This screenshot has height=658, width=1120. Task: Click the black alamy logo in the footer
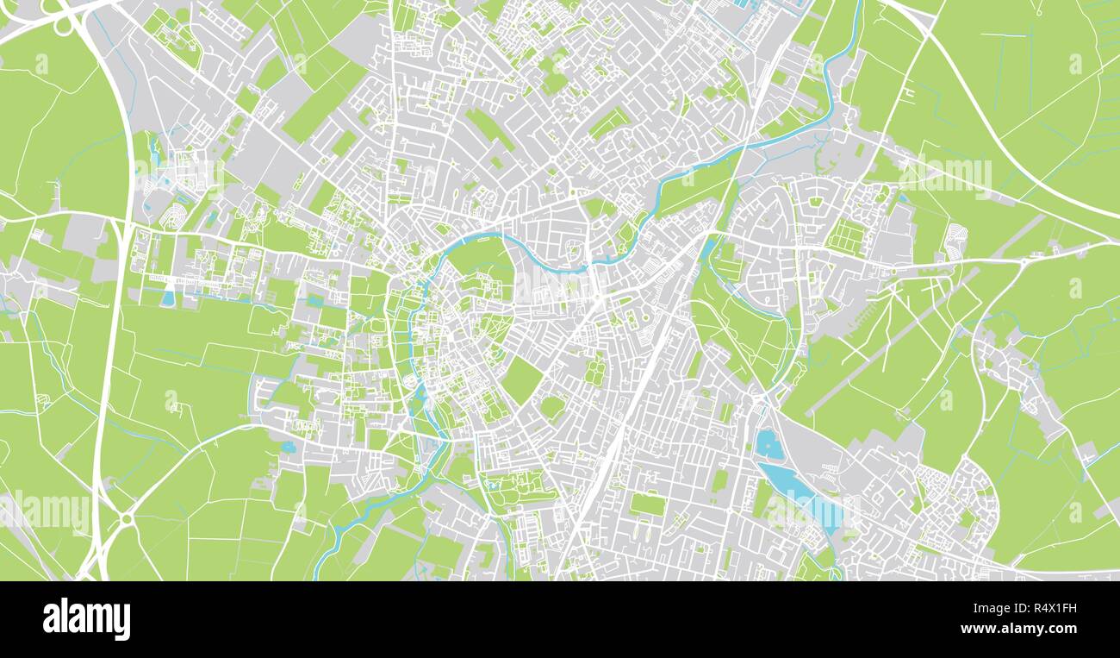[x=86, y=619]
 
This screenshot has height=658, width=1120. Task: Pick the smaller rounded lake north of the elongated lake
[x=768, y=445]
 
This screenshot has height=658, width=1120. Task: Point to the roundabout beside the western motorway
[x=126, y=519]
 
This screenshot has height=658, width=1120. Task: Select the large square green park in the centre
[x=521, y=379]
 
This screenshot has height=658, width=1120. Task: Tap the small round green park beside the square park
[x=552, y=405]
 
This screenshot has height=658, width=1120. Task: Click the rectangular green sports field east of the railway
[x=646, y=504]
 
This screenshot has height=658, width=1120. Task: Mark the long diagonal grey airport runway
[x=896, y=336]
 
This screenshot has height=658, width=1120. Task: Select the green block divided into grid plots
[x=846, y=236]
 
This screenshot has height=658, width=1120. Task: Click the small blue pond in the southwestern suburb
[x=287, y=447]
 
